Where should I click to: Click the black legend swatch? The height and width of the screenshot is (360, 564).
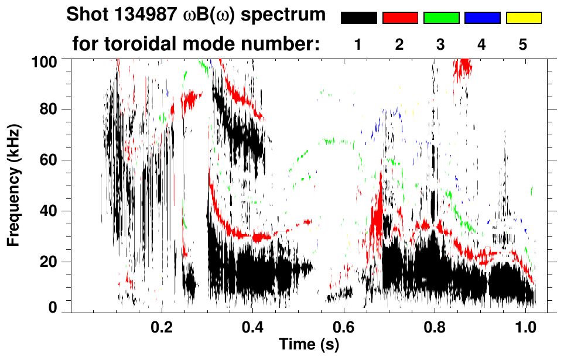[x=358, y=18]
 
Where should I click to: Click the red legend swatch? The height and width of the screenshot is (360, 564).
[x=400, y=18]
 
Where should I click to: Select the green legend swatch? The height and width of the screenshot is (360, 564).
[x=441, y=18]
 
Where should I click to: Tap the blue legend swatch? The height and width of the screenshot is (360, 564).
[x=482, y=18]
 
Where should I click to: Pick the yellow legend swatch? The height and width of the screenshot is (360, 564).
[x=524, y=18]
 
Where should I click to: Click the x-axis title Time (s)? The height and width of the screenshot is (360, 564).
[x=309, y=344]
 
